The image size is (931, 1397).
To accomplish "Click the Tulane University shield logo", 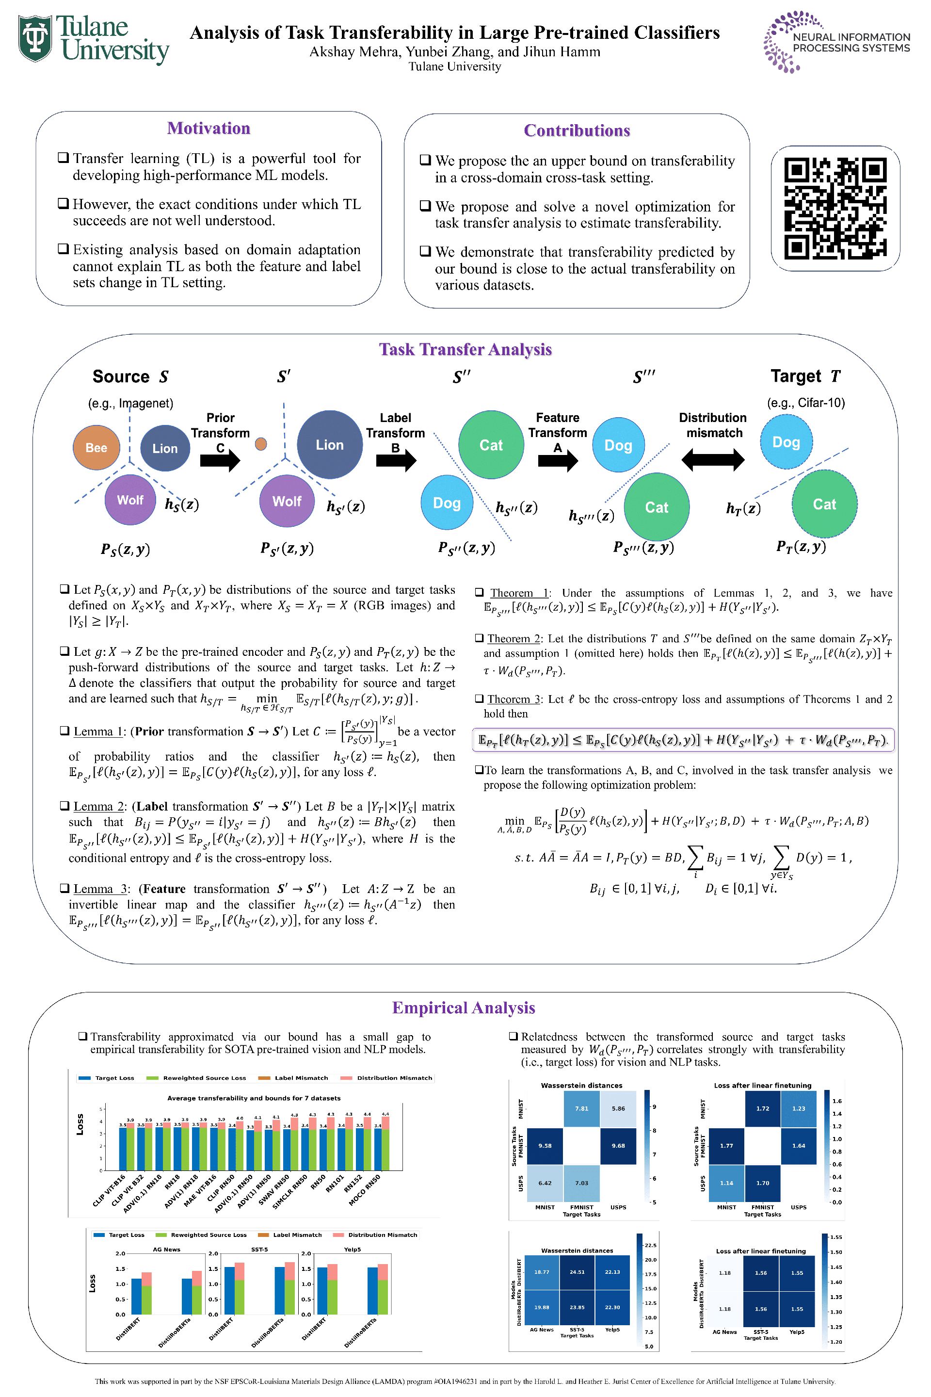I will tap(35, 39).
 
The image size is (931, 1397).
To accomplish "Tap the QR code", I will tap(835, 209).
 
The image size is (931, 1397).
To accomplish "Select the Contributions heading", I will tap(577, 130).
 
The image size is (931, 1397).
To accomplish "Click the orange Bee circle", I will tap(96, 448).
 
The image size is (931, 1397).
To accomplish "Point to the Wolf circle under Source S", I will tap(130, 500).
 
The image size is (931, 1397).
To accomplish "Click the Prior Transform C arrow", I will tap(220, 459).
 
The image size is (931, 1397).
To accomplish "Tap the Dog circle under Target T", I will tap(786, 442).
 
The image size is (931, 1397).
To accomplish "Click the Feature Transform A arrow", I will tap(558, 460).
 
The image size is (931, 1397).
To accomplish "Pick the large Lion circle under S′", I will tap(330, 445).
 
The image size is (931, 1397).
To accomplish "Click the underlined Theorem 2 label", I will tap(513, 638).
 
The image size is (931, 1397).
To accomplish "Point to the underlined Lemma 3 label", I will tap(100, 889).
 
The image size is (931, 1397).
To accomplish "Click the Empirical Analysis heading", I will tap(463, 1008).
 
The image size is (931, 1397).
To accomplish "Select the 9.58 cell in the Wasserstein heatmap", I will tap(545, 1146).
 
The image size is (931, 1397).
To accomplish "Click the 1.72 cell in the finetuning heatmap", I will tap(762, 1108).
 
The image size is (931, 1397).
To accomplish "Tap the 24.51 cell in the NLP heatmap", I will tap(577, 1272).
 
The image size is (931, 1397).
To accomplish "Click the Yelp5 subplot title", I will tap(352, 1250).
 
